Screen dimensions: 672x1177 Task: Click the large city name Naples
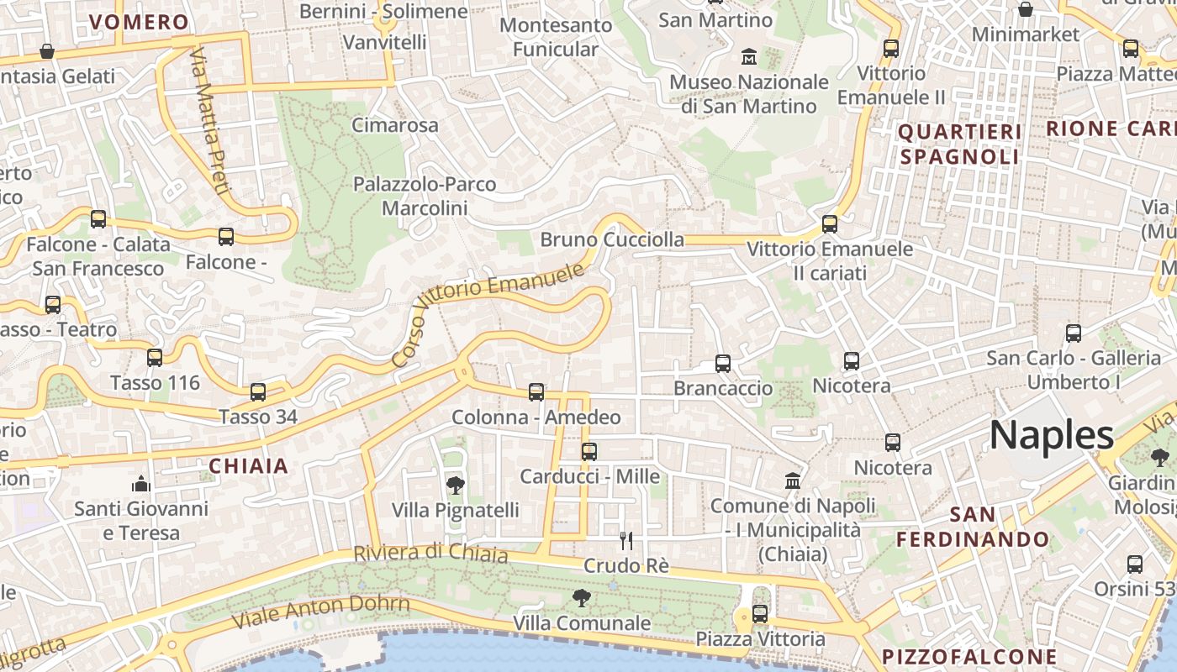tap(1051, 435)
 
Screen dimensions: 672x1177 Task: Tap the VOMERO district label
tap(139, 23)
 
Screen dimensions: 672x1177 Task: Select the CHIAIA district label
tap(248, 466)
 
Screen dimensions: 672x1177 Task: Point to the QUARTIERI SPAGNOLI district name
tap(959, 144)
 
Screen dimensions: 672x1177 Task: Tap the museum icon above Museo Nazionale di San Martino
tap(748, 57)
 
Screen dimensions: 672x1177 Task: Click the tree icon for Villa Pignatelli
tap(455, 485)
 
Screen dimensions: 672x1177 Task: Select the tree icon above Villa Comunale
tap(580, 598)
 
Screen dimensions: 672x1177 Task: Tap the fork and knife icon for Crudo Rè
tap(625, 540)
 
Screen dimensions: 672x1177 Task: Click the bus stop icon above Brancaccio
tap(723, 364)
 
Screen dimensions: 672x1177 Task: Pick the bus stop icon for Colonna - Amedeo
tap(536, 392)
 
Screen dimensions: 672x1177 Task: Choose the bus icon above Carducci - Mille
tap(588, 452)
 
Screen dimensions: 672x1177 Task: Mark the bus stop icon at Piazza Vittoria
tap(760, 614)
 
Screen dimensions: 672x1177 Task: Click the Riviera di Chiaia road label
tap(430, 554)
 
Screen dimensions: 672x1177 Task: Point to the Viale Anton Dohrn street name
tap(321, 612)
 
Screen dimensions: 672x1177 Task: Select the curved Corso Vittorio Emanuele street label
tap(488, 315)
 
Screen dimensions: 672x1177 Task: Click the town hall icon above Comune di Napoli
tap(792, 481)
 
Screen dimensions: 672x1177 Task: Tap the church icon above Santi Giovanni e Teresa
tap(140, 485)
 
